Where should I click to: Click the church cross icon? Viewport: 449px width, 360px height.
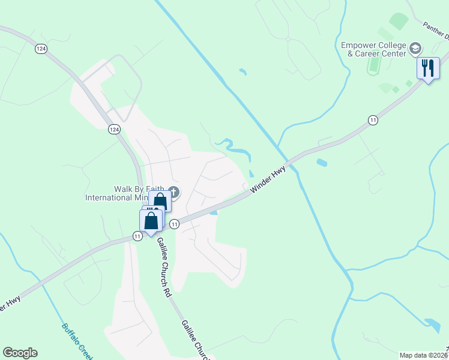[174, 193]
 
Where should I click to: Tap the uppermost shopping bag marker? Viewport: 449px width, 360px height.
[160, 201]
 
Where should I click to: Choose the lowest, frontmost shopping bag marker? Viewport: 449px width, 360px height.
[151, 220]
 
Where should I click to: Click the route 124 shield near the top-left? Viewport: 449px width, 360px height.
[41, 49]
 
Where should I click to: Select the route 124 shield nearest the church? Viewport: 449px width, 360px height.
[114, 129]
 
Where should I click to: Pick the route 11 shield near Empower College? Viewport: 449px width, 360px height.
[373, 121]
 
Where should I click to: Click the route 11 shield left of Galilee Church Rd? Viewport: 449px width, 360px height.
[137, 236]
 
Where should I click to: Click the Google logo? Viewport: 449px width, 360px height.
[20, 353]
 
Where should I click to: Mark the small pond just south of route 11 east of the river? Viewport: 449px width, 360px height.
[322, 163]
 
